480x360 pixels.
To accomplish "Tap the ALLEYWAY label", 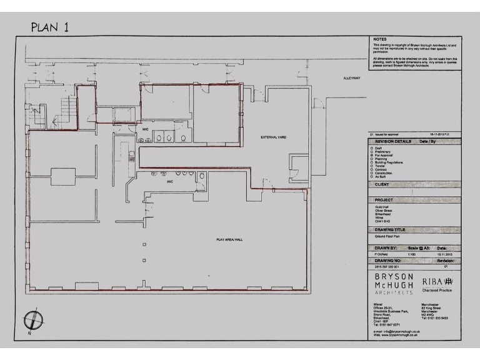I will [354, 78].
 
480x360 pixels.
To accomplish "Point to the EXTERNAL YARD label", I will [273, 136].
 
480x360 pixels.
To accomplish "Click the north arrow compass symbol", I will [32, 320].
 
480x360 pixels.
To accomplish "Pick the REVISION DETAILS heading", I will [393, 142].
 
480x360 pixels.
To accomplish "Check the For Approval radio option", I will [372, 154].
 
